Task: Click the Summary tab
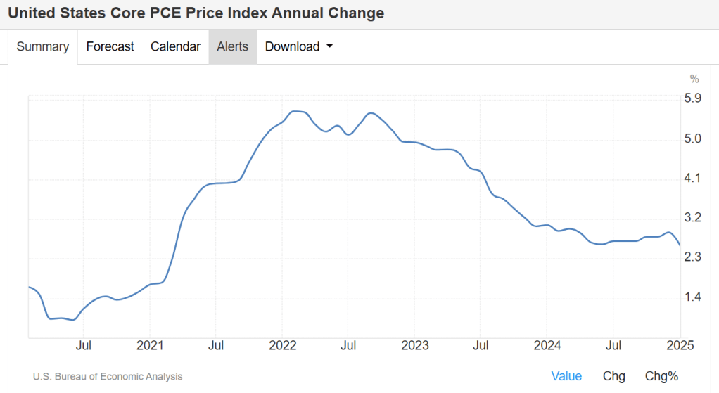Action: [42, 47]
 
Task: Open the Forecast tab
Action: [110, 47]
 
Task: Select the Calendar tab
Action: [175, 47]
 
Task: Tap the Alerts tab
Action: [232, 47]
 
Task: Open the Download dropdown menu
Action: [298, 47]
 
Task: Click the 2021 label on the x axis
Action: [150, 345]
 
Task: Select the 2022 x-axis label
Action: [282, 345]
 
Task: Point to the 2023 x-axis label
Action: [414, 345]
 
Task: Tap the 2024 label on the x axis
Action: [547, 345]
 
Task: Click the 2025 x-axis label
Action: [680, 345]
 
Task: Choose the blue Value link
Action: [566, 376]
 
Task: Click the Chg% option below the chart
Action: [661, 376]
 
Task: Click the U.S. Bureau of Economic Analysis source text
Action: [108, 377]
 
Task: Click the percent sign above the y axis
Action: [694, 79]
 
